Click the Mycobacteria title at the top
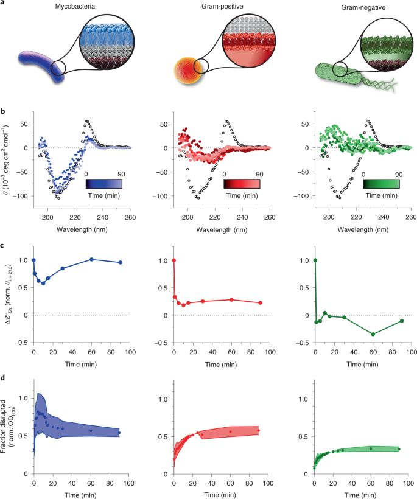point(75,6)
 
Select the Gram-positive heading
point(222,6)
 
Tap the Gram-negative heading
point(363,7)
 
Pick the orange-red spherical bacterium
point(188,71)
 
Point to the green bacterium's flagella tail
point(379,84)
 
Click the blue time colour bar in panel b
point(104,184)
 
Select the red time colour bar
point(242,184)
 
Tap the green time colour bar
point(381,184)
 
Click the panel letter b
point(3,111)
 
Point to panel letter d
point(3,378)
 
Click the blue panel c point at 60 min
point(91,259)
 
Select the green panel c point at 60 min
point(373,334)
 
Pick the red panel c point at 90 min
point(261,302)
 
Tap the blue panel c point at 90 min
point(121,262)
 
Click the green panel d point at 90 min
point(399,449)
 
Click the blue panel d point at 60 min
point(91,431)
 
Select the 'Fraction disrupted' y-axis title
point(3,426)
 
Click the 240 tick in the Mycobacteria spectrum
point(102,217)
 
